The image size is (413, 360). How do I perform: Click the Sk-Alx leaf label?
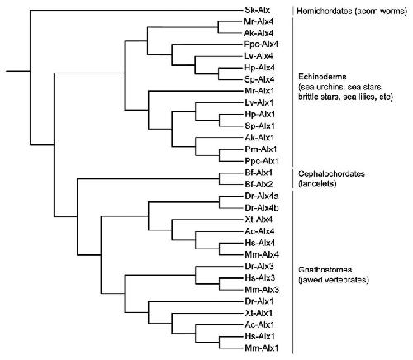tap(258, 11)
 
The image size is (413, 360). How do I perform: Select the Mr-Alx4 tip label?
tap(259, 21)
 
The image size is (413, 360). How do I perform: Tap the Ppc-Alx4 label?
tap(261, 45)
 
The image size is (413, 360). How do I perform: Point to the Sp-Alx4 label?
tap(259, 79)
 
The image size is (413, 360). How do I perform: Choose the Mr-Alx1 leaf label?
tap(259, 91)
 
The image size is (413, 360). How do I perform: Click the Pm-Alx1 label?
tap(261, 149)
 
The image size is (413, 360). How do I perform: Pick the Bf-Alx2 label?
tap(259, 184)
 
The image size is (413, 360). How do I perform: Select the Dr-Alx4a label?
tap(262, 197)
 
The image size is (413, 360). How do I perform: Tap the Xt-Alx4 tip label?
tap(259, 220)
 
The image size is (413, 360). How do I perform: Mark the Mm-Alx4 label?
tap(262, 254)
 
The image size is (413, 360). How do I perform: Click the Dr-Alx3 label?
tap(259, 266)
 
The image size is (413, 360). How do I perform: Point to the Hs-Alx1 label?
tap(259, 336)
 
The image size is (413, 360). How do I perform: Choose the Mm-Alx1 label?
tap(262, 348)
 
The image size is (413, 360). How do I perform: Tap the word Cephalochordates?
tap(331, 174)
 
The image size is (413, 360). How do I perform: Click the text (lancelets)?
tap(317, 183)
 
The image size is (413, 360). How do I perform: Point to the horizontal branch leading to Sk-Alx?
tap(136, 11)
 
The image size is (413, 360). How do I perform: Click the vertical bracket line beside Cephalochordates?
tap(292, 178)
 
